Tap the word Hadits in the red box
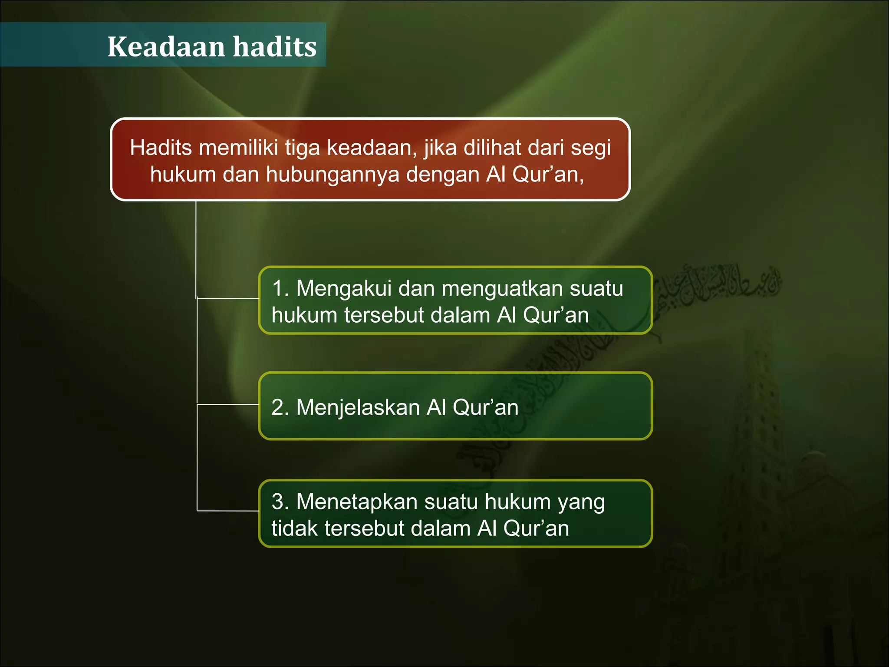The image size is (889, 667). pos(161,148)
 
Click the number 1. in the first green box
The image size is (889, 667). pos(280,288)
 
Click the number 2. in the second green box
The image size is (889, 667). pos(280,408)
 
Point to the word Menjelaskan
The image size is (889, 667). pos(358,408)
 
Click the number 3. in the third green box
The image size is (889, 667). pos(280,502)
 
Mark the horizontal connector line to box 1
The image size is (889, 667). pos(228,298)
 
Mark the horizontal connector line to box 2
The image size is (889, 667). pos(228,404)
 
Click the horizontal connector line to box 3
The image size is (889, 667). pos(228,511)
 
